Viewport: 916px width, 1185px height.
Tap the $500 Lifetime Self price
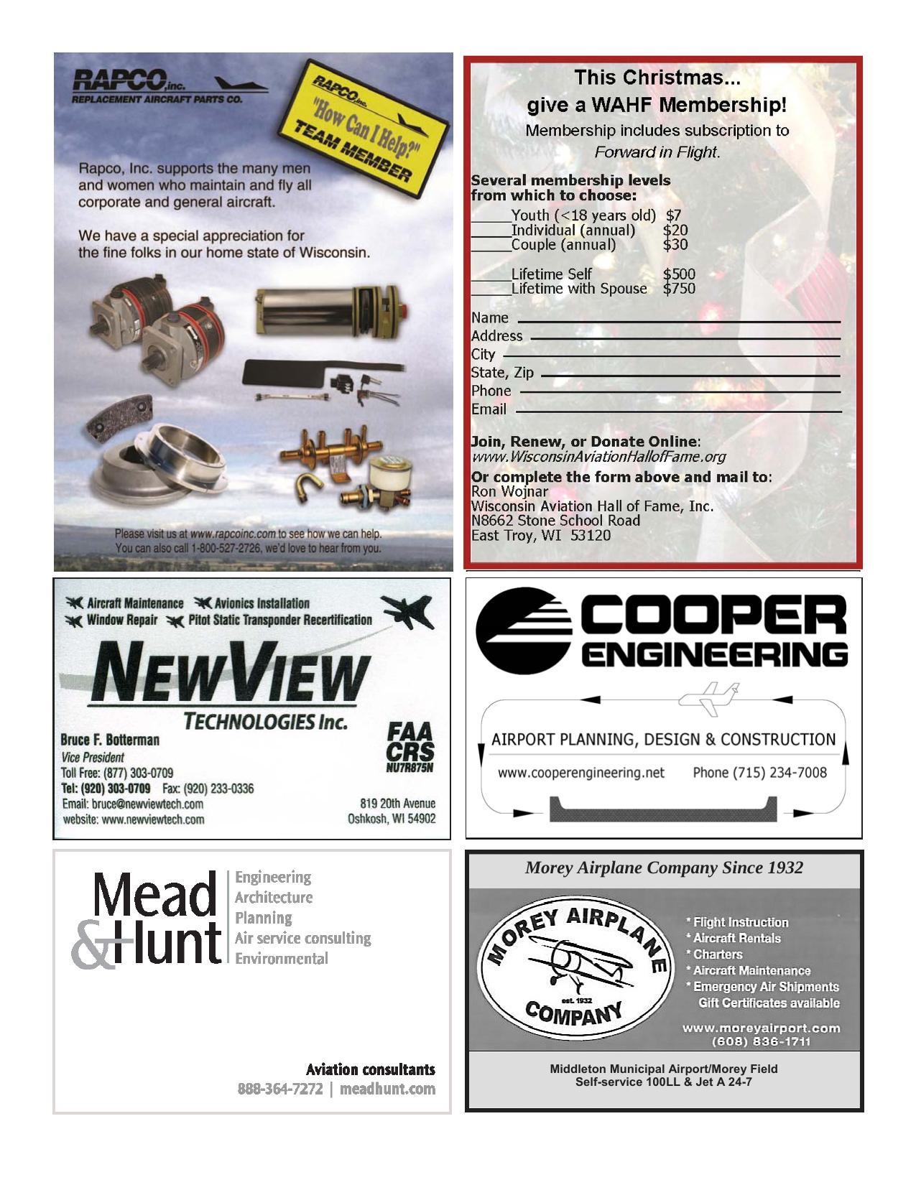[x=679, y=274]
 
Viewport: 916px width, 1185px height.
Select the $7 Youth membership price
[x=673, y=215]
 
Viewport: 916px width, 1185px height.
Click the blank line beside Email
[x=678, y=411]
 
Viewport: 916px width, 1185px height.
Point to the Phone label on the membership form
[x=491, y=391]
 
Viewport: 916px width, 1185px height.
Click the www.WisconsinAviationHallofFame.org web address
[x=598, y=457]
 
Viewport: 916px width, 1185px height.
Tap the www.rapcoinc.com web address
[x=233, y=534]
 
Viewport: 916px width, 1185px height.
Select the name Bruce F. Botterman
[x=110, y=740]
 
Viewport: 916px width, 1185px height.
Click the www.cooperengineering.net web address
[x=581, y=773]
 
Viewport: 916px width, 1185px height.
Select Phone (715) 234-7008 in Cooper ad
[x=759, y=773]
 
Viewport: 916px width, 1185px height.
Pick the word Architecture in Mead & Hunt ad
[x=274, y=897]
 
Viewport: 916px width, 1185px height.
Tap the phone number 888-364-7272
[x=280, y=1089]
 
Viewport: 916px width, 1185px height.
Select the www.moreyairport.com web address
[x=761, y=1028]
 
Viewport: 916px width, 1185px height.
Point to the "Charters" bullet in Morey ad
[x=717, y=954]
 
